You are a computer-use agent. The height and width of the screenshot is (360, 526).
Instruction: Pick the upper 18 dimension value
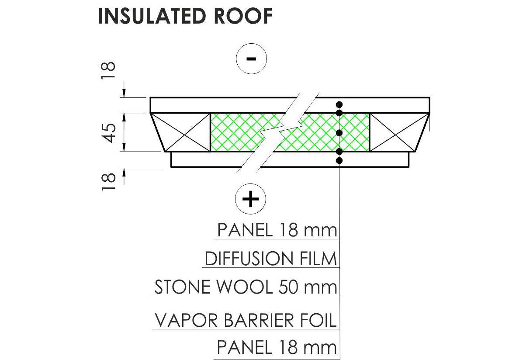pyautogui.click(x=109, y=71)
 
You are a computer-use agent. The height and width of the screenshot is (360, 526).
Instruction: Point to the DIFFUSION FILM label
pyautogui.click(x=271, y=259)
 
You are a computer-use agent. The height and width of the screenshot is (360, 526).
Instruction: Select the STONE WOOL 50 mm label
pyautogui.click(x=246, y=287)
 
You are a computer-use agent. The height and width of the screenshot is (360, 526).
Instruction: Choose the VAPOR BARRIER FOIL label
pyautogui.click(x=246, y=320)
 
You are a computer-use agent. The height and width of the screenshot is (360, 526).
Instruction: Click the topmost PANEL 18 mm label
pyautogui.click(x=277, y=230)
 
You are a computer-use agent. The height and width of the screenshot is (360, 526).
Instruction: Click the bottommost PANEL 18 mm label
pyautogui.click(x=277, y=348)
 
